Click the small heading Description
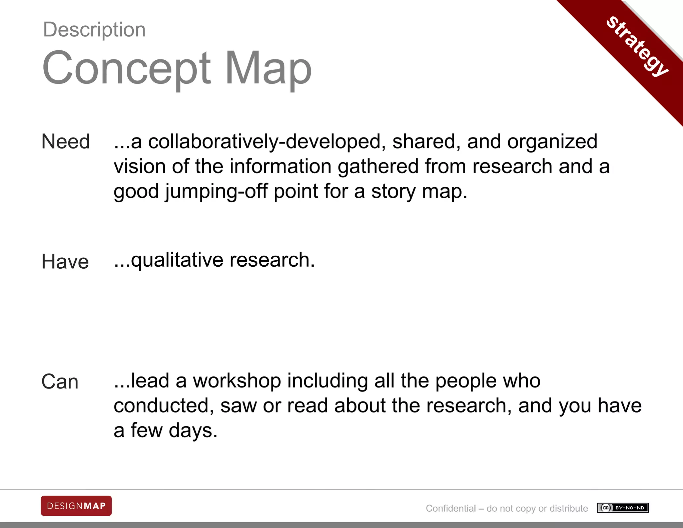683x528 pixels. (94, 30)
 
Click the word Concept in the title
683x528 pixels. (127, 68)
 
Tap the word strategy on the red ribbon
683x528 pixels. (637, 46)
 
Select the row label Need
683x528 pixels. (66, 142)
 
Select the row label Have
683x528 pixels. (65, 261)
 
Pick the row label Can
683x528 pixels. (60, 381)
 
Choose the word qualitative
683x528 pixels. (177, 260)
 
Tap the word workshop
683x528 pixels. (237, 381)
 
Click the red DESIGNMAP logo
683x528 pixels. (76, 506)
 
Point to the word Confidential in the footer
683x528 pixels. (451, 508)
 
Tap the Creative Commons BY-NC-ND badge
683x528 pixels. (623, 508)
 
